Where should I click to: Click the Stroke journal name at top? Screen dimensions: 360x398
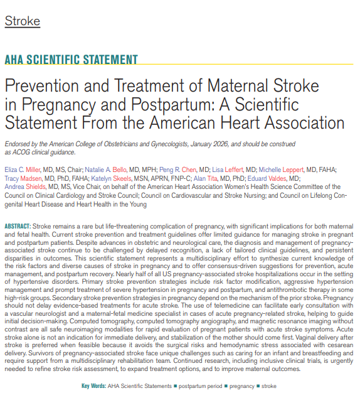pyautogui.click(x=22, y=21)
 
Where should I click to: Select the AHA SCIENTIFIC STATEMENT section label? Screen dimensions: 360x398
pyautogui.click(x=71, y=60)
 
